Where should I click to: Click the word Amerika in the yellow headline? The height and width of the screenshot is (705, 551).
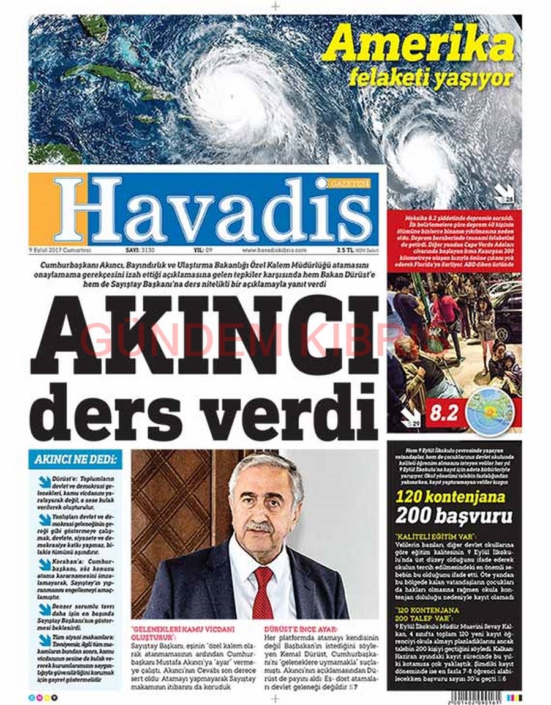418,45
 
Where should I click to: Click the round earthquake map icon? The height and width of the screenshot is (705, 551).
490,413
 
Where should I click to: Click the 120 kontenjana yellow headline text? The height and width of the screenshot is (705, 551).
450,496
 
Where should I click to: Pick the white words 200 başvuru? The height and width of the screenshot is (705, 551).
454,517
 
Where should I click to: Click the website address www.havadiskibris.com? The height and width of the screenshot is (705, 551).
274,250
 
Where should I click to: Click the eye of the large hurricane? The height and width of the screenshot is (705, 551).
232,97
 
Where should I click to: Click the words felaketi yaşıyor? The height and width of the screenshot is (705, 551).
430,78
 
